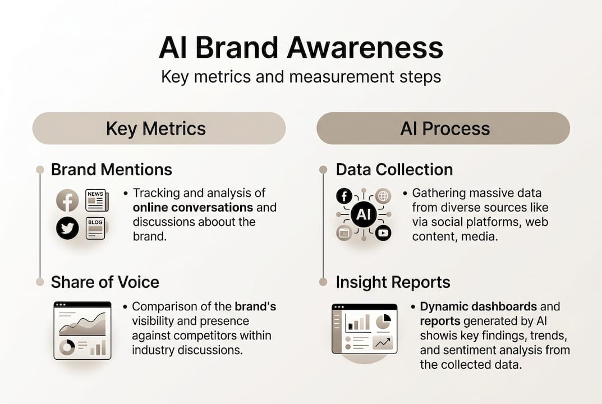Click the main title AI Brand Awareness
(x=301, y=48)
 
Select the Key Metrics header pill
(x=159, y=128)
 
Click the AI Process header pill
(x=444, y=128)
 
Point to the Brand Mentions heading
(x=112, y=169)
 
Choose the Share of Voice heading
(x=105, y=282)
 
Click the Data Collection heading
(x=394, y=169)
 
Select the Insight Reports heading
(x=393, y=282)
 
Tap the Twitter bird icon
(x=67, y=228)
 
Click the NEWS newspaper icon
(x=96, y=200)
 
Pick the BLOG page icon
(x=96, y=228)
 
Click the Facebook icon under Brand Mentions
(x=67, y=200)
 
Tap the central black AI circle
(x=363, y=214)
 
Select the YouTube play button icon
(x=383, y=233)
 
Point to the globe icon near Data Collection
(x=383, y=196)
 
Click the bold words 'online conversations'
(x=192, y=208)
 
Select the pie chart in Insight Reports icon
(x=383, y=321)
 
